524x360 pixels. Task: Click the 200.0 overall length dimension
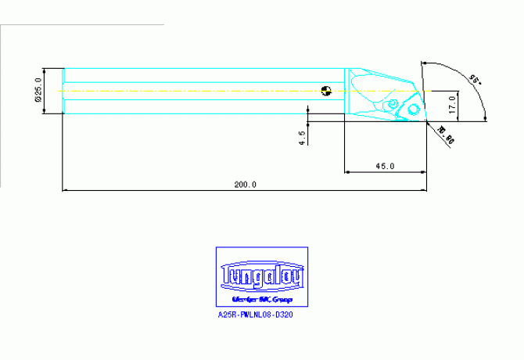pyautogui.click(x=245, y=185)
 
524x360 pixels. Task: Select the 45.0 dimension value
pyautogui.click(x=385, y=167)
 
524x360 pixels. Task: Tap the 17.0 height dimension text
pyautogui.click(x=452, y=103)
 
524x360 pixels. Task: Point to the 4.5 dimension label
pyautogui.click(x=302, y=137)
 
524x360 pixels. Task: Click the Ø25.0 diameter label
pyautogui.click(x=38, y=90)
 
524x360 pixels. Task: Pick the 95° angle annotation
pyautogui.click(x=472, y=78)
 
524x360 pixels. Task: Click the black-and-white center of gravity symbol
pyautogui.click(x=327, y=90)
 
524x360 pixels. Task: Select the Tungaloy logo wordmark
pyautogui.click(x=262, y=276)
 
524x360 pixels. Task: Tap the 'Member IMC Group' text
pyautogui.click(x=262, y=300)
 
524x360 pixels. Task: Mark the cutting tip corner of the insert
pyautogui.click(x=425, y=121)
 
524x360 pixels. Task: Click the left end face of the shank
pyautogui.click(x=63, y=91)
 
